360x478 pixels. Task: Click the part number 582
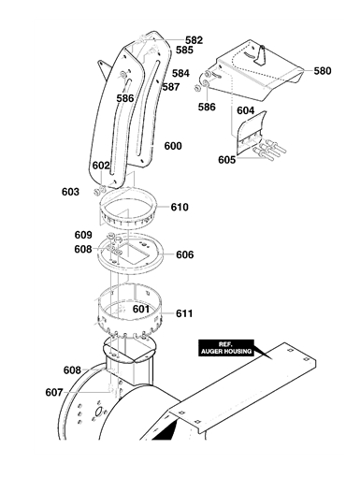coord(194,40)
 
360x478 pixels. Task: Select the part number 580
coord(322,71)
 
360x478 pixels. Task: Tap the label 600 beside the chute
coord(173,146)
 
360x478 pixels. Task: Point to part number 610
coord(180,207)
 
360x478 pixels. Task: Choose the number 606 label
coord(185,254)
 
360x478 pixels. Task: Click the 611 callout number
coord(184,313)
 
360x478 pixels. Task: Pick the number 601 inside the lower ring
coord(141,309)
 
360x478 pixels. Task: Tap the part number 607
coord(54,392)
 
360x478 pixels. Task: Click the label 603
coord(70,192)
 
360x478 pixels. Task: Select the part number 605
coord(226,160)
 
